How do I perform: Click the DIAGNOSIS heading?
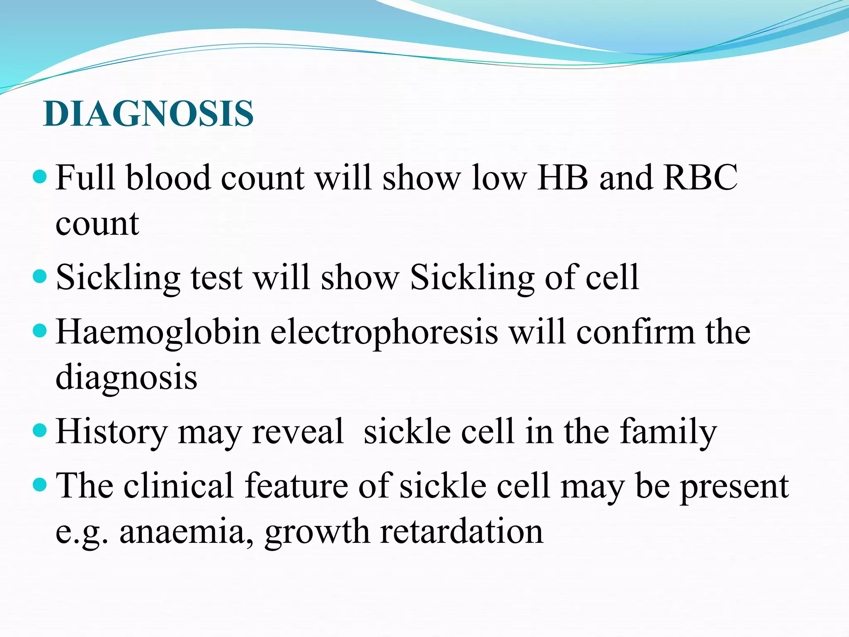pos(148,114)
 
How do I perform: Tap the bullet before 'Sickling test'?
pos(40,276)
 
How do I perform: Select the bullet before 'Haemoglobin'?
pos(40,331)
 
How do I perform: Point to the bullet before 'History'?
pos(40,430)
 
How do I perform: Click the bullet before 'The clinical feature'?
pos(40,484)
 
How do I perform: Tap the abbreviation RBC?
pos(700,177)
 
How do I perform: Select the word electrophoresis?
pos(384,333)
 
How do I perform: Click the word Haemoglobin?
pos(158,333)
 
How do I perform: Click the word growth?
pos(317,532)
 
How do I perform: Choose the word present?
pos(734,487)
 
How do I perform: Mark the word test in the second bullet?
pos(216,278)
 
